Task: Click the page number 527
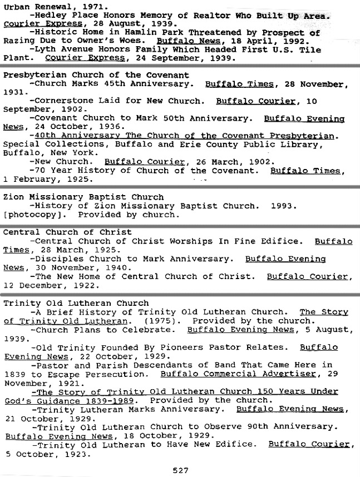180,470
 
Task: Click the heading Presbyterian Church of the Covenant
96,75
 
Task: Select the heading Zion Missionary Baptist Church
83,197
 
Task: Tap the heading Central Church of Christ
67,232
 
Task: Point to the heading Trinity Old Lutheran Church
76,303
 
